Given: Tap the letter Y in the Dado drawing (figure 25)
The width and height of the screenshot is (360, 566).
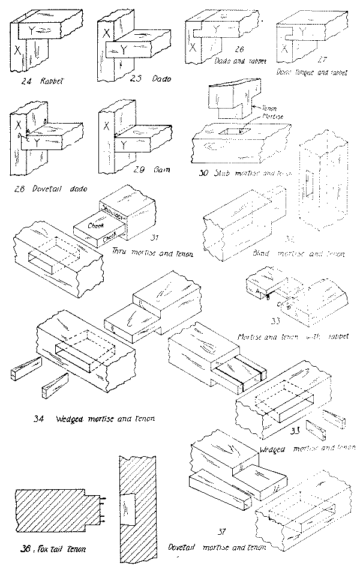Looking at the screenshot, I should [123, 52].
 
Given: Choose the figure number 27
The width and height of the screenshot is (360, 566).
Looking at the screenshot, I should [322, 61].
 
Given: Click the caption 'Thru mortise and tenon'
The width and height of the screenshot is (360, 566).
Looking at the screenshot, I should [152, 254].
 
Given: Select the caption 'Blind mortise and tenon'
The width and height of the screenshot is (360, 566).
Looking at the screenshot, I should [299, 254].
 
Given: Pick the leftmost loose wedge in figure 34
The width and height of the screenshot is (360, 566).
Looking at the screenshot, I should [26, 369].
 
